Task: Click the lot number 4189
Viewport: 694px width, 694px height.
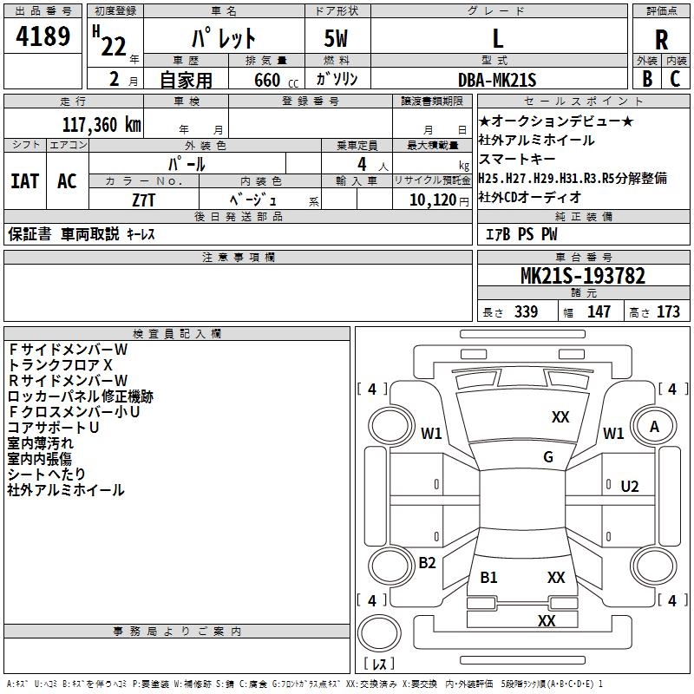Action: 43,36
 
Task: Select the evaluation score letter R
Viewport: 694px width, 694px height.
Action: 661,39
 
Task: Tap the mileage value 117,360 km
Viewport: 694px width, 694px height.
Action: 101,124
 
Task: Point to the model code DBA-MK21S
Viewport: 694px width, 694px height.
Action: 498,80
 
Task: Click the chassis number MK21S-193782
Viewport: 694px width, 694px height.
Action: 582,277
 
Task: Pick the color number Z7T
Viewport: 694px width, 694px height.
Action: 144,199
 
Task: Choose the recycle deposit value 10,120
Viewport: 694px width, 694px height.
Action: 430,200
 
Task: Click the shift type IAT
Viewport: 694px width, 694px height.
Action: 24,181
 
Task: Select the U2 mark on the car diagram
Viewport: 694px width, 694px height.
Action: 630,486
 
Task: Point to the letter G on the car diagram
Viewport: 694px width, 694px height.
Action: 548,457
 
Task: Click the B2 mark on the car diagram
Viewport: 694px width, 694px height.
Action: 427,563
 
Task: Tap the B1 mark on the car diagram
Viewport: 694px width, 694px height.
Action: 488,578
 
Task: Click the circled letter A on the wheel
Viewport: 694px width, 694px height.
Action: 655,426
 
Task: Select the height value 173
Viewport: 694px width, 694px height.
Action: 669,311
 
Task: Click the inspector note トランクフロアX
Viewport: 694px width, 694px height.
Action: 61,365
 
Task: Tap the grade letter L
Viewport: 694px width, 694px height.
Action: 498,38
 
